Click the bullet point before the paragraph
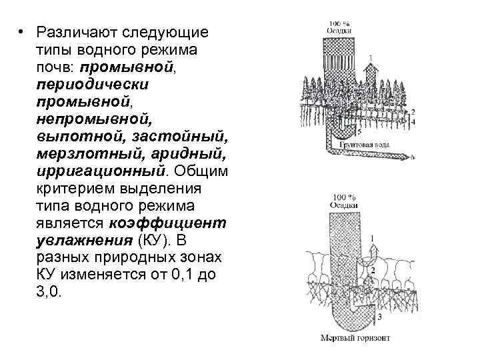click(21, 32)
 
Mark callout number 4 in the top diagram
click(413, 123)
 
